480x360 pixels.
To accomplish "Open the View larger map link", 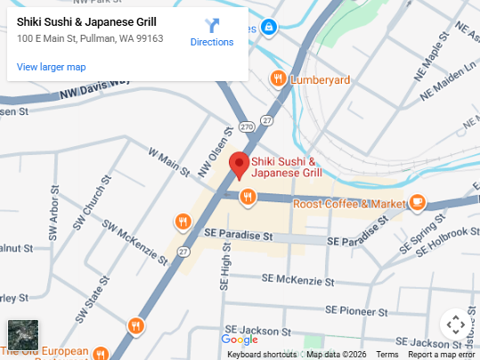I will [x=52, y=67].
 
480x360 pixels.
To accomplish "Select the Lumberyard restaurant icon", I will [x=279, y=79].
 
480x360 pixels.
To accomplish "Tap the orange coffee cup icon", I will [x=417, y=203].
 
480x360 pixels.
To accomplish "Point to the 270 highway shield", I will [x=246, y=127].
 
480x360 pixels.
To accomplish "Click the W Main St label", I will [x=170, y=165].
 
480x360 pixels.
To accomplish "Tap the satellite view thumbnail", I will [x=23, y=334].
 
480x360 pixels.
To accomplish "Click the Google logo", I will [x=239, y=340].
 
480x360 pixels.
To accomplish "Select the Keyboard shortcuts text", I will [x=261, y=355].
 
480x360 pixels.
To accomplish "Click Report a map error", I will [x=442, y=355].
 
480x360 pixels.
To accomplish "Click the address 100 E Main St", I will [x=90, y=38].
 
